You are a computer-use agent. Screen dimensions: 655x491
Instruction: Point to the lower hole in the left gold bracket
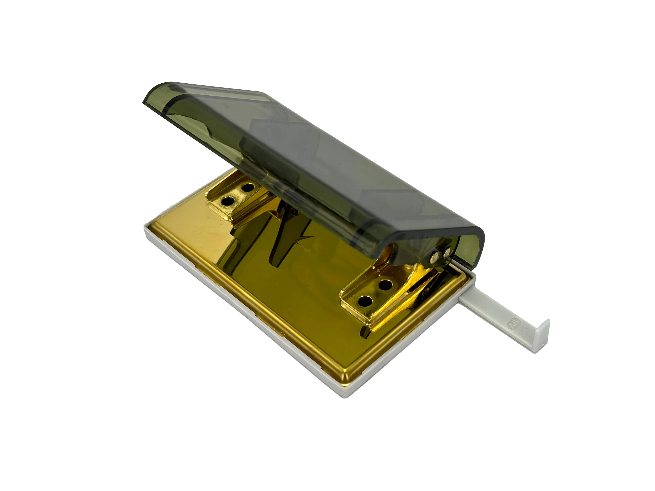(x=227, y=201)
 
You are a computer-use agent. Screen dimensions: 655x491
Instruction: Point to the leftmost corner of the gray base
(x=145, y=228)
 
